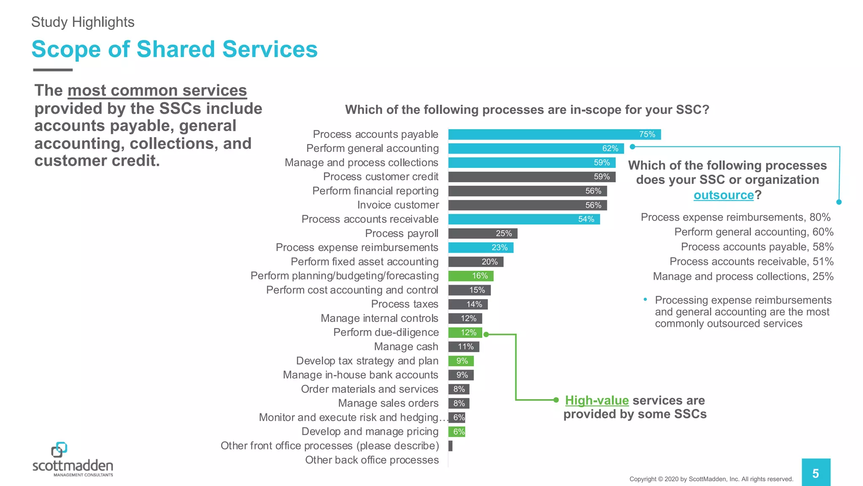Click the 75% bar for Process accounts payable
[554, 135]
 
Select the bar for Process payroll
[482, 233]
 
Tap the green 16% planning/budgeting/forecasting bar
[471, 276]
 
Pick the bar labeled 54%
[524, 219]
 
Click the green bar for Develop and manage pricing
[457, 432]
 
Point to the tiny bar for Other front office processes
[450, 446]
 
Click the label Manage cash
[406, 347]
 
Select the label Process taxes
[405, 304]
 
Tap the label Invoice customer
[398, 205]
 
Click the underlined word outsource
[724, 195]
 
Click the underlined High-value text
[597, 400]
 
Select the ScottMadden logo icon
[59, 450]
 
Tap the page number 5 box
[816, 473]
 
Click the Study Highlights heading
[83, 22]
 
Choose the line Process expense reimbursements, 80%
[735, 217]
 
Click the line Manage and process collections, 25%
[743, 277]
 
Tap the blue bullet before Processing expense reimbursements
[645, 300]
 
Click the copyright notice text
[711, 479]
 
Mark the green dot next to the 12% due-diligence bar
[486, 335]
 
